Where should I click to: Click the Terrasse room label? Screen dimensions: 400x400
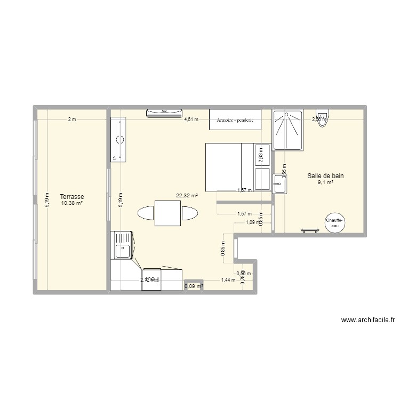click(72, 196)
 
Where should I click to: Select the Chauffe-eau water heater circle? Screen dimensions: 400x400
click(334, 223)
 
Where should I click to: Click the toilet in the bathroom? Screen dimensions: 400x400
click(323, 116)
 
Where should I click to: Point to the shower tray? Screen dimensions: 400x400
click(288, 130)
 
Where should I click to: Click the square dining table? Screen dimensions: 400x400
click(167, 213)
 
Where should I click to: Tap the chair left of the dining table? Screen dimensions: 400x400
click(146, 213)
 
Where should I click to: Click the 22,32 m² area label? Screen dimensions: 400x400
click(187, 196)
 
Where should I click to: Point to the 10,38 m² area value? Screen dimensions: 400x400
click(72, 203)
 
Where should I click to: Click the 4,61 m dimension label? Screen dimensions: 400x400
click(191, 119)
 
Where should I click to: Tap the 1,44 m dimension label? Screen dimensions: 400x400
click(228, 279)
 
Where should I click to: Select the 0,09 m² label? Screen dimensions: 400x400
click(194, 286)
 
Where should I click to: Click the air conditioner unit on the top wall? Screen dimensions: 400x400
click(165, 112)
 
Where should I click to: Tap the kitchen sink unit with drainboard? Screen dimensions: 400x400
click(122, 245)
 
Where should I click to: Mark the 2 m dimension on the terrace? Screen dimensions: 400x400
click(71, 119)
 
